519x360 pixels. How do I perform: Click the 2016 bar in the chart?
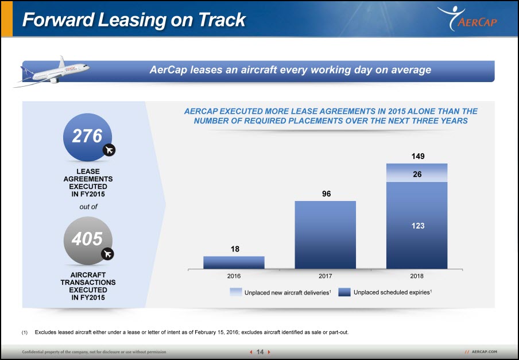pyautogui.click(x=234, y=262)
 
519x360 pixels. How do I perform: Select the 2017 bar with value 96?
pyautogui.click(x=325, y=235)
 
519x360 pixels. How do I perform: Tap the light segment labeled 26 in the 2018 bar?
pyautogui.click(x=417, y=173)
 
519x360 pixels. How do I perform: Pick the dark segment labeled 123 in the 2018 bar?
pyautogui.click(x=417, y=226)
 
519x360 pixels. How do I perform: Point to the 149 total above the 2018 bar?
pyautogui.click(x=417, y=156)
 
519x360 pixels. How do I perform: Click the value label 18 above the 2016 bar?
pyautogui.click(x=234, y=249)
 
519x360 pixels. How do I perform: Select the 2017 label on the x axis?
pyautogui.click(x=325, y=276)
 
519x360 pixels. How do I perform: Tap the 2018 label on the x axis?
pyautogui.click(x=417, y=276)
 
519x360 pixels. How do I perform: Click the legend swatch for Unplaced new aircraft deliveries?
pyautogui.click(x=235, y=292)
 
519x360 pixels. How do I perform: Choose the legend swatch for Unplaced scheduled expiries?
pyautogui.click(x=344, y=292)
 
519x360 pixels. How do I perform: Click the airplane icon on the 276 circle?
pyautogui.click(x=109, y=150)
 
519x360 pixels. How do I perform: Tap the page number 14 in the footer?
pyautogui.click(x=260, y=352)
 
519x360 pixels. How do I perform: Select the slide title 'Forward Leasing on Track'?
pyautogui.click(x=134, y=20)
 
